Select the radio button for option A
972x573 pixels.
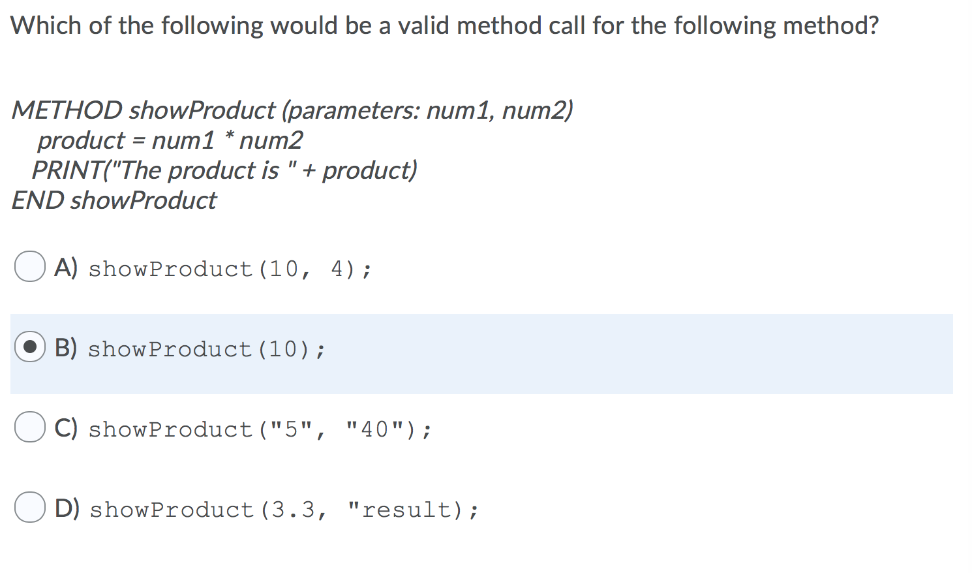[30, 267]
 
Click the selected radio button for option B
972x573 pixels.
[30, 347]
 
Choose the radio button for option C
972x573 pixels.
[30, 427]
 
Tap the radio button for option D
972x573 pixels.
[30, 508]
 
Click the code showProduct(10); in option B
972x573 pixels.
[206, 349]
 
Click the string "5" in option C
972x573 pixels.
[290, 429]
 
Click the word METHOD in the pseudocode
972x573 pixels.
[67, 110]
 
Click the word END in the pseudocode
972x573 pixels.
[38, 200]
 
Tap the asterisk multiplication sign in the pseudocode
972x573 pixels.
[228, 137]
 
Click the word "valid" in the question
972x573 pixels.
[424, 26]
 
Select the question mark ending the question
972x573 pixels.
[873, 26]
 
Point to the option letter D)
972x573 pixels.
[67, 508]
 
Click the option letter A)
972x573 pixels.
[66, 267]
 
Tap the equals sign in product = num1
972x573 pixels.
[138, 141]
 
